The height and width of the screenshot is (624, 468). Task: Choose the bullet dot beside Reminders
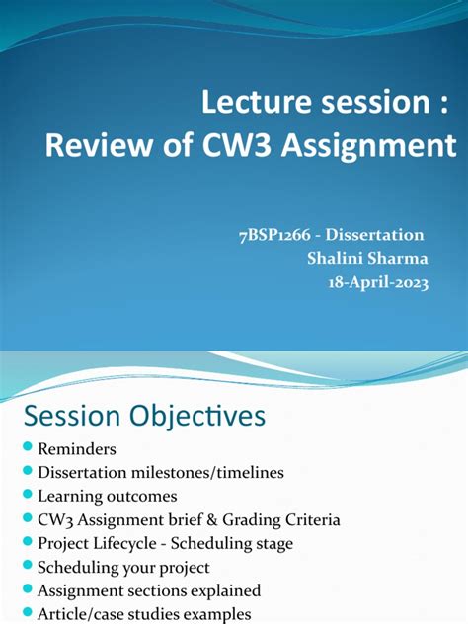tap(27, 449)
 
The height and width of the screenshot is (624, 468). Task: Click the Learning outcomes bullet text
tap(108, 497)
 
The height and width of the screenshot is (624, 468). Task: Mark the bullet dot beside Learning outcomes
tap(27, 497)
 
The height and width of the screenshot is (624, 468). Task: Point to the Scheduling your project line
tap(122, 568)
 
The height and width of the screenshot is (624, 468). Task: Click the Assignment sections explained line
tap(149, 591)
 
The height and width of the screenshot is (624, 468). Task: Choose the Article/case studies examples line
tap(144, 614)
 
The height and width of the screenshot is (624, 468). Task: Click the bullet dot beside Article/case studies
tap(27, 614)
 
